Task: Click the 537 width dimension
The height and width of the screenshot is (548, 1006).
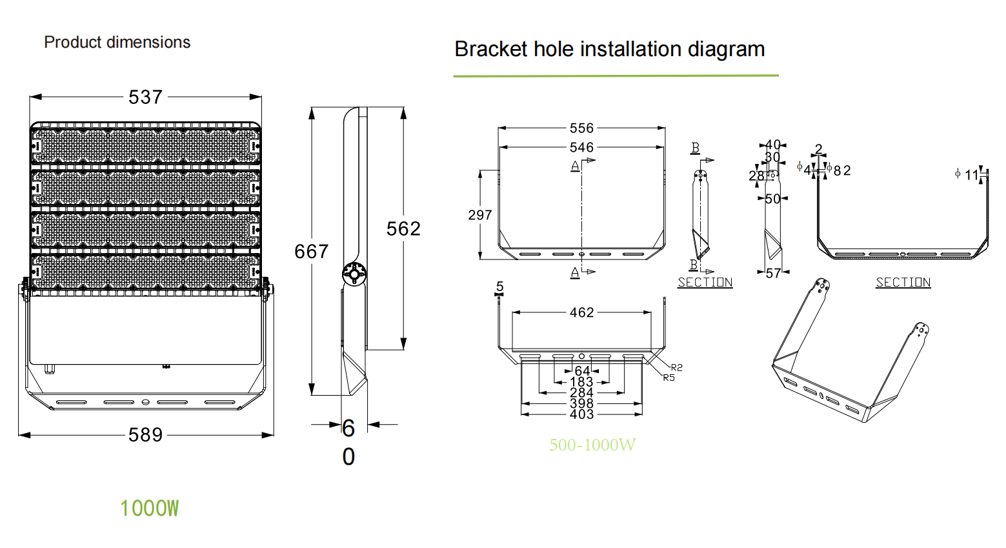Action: (145, 97)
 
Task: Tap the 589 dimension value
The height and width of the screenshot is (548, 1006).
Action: (145, 435)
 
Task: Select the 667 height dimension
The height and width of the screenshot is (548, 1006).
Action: (311, 252)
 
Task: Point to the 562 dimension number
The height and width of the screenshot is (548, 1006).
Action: (403, 229)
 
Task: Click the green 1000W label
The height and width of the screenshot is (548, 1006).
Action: (149, 509)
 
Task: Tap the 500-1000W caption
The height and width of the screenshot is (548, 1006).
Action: (592, 445)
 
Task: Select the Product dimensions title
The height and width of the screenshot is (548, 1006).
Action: (117, 43)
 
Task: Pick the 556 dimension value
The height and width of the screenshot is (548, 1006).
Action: (581, 128)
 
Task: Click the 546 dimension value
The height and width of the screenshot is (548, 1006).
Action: (581, 148)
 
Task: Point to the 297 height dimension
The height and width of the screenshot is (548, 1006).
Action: (480, 216)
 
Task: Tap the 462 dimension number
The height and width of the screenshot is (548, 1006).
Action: (581, 313)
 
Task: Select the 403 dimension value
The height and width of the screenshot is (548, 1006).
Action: (581, 414)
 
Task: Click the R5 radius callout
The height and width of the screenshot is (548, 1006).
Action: (669, 378)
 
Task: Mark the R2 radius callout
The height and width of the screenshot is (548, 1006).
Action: (676, 367)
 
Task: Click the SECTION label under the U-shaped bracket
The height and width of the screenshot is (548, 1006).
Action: (903, 283)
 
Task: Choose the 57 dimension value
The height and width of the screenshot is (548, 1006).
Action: (773, 274)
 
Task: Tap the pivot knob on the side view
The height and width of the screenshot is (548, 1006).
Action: (354, 274)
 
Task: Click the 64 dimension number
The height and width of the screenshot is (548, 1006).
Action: (582, 371)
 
